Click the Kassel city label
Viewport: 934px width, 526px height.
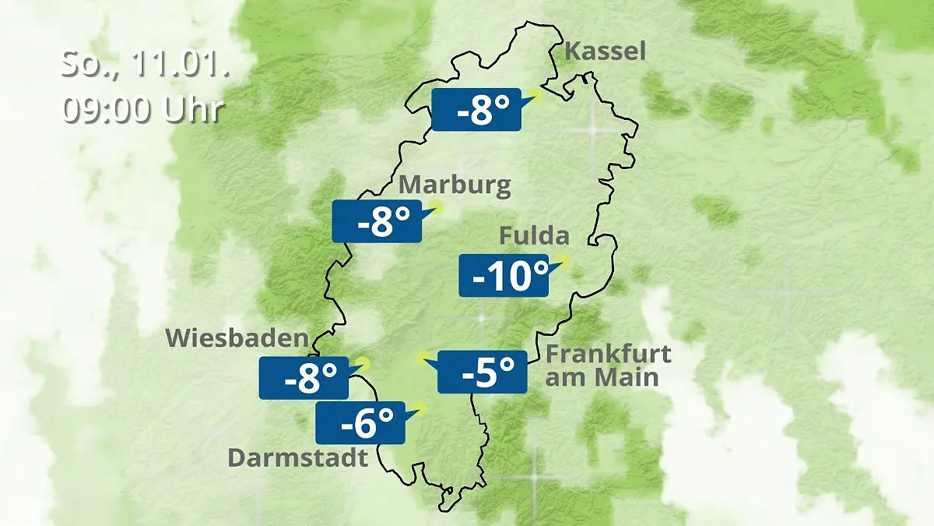[605, 51]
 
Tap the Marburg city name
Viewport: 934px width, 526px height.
[455, 185]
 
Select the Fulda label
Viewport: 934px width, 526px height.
[534, 235]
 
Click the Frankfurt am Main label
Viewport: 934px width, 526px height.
[607, 365]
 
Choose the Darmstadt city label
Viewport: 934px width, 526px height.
[297, 457]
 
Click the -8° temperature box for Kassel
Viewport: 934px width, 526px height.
[476, 110]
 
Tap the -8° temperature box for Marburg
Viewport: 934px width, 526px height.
[377, 221]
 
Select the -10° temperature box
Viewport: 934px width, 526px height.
[503, 275]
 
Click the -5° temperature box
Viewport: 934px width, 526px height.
[483, 372]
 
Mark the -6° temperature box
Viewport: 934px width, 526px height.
[360, 422]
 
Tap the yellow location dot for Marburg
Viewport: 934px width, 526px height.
[436, 207]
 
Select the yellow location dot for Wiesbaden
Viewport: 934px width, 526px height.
[363, 362]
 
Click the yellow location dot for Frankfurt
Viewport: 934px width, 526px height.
[422, 358]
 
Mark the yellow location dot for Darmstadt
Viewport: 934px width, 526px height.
[420, 407]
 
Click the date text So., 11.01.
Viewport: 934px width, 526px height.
[145, 65]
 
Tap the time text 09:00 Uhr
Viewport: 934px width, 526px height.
[143, 109]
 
